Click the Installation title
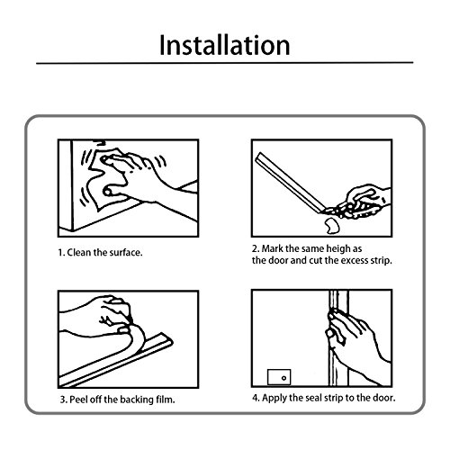click(225, 45)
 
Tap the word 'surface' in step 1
click(126, 253)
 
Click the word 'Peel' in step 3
click(78, 400)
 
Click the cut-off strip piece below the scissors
click(331, 226)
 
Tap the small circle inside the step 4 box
click(283, 378)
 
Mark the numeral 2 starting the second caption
click(255, 249)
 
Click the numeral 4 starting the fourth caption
click(256, 398)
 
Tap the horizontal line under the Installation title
click(225, 63)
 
